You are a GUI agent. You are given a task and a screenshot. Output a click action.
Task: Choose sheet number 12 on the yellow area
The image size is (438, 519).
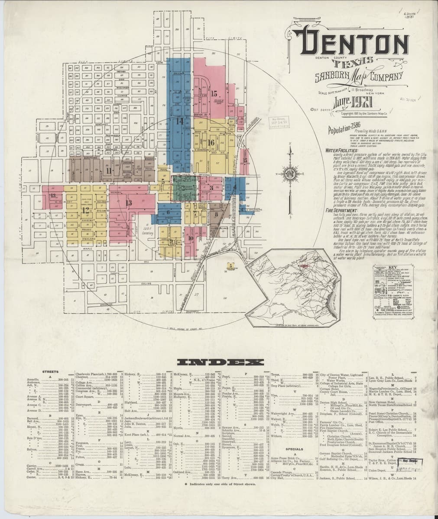pos(85,211)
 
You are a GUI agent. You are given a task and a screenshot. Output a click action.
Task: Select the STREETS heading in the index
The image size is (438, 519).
pos(50,372)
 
